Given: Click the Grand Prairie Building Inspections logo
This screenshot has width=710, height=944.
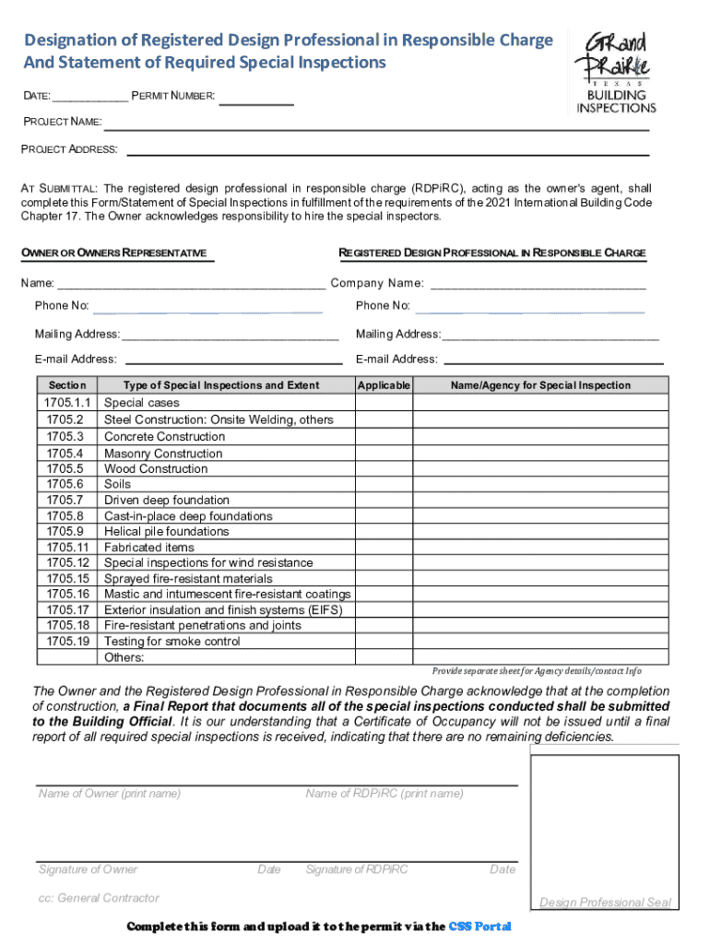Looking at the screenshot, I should coord(616,72).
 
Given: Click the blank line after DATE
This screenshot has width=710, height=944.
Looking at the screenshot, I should coord(91,98).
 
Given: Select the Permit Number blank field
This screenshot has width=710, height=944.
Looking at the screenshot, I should coord(257,100).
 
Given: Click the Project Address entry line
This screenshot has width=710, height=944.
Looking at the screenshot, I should coord(387,151).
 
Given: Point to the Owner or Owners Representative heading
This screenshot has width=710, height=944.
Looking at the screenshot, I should coord(114,253).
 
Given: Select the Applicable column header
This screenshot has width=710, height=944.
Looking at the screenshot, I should coord(384,385).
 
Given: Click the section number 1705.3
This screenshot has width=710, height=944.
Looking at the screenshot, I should coord(65,436).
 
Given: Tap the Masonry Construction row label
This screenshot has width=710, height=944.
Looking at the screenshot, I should coord(163,454).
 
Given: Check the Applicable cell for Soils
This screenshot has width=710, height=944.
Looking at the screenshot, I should coord(384,484).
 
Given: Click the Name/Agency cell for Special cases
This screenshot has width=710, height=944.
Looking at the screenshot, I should coord(540,403).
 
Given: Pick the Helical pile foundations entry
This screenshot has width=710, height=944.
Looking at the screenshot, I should coord(166,532).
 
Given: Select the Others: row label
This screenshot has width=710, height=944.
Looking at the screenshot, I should coord(124,657).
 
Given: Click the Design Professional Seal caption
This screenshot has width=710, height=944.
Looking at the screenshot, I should coord(605,903).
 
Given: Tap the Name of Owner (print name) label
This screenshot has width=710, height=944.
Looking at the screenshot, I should coord(110,794).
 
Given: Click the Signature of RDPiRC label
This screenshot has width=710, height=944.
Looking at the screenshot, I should coord(356,869).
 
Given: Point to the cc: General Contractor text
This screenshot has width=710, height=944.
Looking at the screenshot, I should coord(99,898).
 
